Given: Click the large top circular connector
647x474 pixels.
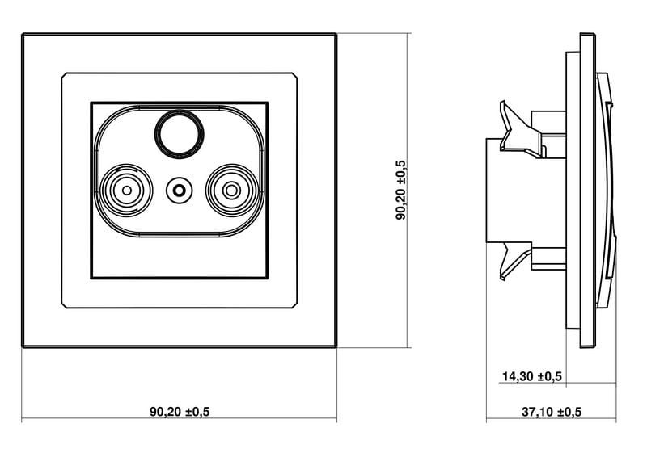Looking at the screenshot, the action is point(179,133).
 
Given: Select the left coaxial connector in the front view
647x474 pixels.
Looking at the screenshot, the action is point(127,191).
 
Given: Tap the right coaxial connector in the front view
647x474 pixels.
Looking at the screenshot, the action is point(231,191).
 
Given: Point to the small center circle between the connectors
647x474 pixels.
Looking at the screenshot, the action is point(179,191).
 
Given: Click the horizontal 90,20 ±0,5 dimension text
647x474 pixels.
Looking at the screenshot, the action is point(180,411).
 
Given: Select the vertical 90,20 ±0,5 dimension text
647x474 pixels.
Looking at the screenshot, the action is point(401,191).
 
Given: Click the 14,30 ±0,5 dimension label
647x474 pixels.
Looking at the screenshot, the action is point(532,376).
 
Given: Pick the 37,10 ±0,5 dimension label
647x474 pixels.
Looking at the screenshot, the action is point(552,411).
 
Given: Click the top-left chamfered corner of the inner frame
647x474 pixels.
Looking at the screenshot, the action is point(64,75).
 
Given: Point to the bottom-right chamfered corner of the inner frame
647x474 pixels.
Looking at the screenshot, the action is point(294,305).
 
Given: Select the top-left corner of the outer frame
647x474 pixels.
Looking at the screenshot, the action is point(23,34).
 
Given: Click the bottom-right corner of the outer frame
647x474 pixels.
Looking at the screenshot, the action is point(336,347).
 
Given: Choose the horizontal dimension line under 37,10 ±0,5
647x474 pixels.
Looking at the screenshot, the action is point(552,420).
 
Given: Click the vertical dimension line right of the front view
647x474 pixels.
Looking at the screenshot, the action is point(408,191).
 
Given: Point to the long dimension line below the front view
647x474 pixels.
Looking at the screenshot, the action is point(179,418).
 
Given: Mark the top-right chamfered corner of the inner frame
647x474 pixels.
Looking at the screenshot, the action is point(294,75).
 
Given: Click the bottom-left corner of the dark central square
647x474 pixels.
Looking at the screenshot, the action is point(91,279).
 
